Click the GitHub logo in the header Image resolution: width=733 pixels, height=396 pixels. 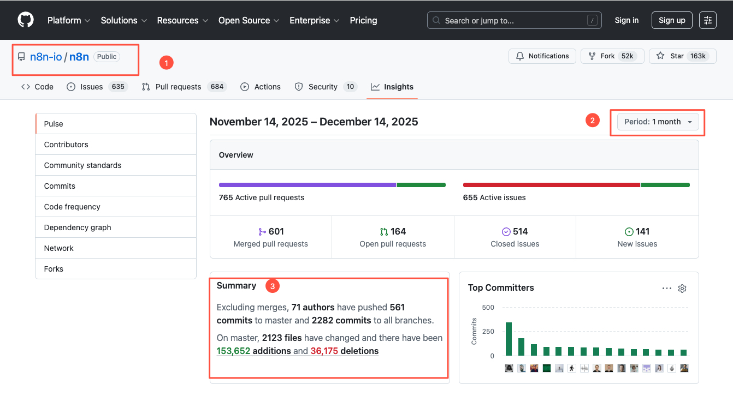26,20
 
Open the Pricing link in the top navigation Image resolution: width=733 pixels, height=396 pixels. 363,20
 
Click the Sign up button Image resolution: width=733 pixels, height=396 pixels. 672,20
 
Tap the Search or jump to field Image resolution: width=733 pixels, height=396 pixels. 514,20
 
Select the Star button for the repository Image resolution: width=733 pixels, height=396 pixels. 683,56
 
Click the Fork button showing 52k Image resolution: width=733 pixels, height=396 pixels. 612,56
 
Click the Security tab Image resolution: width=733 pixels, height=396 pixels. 326,87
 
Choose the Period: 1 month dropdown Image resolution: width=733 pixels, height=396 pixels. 658,122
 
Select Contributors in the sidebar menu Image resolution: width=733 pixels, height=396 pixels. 66,145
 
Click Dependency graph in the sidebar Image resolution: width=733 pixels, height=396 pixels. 78,227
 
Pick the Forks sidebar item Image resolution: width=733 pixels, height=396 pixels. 54,269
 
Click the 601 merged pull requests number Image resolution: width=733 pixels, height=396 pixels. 276,231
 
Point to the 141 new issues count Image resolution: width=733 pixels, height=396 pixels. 642,231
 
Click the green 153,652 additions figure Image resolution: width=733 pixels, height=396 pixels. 233,351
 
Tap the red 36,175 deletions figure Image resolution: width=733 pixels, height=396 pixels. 324,351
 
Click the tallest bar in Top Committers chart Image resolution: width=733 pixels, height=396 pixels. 509,339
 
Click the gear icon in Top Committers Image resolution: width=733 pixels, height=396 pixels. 682,289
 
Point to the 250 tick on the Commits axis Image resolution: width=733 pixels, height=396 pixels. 488,331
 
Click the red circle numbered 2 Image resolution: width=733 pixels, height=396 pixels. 592,121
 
